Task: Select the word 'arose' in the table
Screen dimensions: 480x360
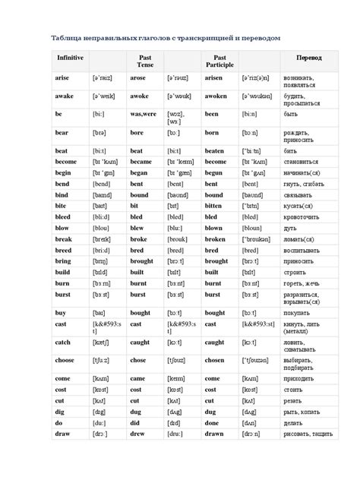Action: point(138,77)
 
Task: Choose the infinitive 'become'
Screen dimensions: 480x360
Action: point(67,162)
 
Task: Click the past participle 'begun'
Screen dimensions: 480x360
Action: point(213,172)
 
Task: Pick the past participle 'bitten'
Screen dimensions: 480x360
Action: point(214,206)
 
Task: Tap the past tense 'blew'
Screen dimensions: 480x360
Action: point(137,227)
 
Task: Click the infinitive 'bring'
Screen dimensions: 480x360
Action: point(63,261)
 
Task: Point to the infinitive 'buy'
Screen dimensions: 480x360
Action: point(61,312)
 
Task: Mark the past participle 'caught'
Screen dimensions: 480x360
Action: point(215,342)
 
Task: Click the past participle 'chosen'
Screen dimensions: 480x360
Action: point(215,361)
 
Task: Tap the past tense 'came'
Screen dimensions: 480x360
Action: point(137,377)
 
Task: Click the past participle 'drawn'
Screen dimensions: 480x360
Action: point(214,433)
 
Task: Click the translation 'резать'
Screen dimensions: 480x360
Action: point(296,399)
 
